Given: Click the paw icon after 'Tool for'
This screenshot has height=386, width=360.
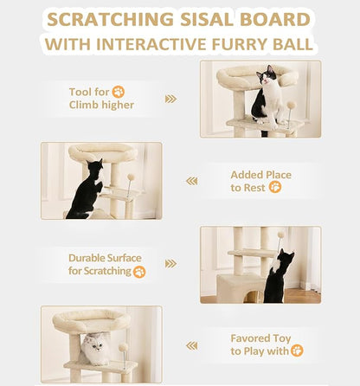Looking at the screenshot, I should (x=118, y=92).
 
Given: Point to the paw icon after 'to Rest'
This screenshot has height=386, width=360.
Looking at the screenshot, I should (x=275, y=187).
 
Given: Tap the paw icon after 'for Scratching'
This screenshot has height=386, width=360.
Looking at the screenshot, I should (x=139, y=271).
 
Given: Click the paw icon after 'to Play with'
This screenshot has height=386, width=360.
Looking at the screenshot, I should (x=297, y=351).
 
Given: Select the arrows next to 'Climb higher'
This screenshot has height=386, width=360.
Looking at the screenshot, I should (x=170, y=99).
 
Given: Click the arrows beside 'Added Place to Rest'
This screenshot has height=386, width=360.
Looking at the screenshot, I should (x=191, y=181).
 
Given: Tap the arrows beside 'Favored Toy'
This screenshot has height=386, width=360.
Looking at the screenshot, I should (x=191, y=344).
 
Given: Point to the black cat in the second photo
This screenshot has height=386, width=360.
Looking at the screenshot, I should (x=87, y=190).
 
